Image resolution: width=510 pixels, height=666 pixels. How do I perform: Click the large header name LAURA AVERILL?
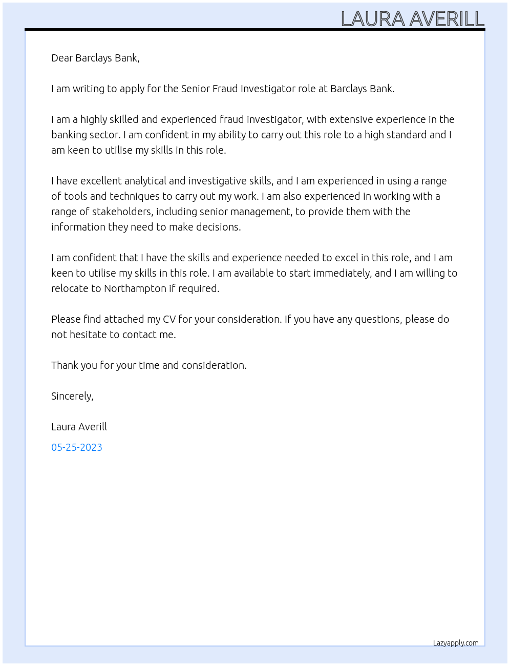[412, 19]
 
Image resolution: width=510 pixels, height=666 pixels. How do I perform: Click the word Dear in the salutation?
[62, 58]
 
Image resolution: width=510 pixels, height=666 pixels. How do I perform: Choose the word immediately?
[342, 273]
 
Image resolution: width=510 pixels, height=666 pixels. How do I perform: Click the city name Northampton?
[135, 288]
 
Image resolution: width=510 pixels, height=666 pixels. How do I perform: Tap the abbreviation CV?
[169, 319]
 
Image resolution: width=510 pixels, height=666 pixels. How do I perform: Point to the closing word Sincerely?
[72, 396]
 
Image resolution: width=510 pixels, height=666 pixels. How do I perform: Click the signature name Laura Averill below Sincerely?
[79, 427]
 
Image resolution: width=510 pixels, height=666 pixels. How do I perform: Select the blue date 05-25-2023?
[77, 447]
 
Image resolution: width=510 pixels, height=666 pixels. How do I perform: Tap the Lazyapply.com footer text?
[456, 643]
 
